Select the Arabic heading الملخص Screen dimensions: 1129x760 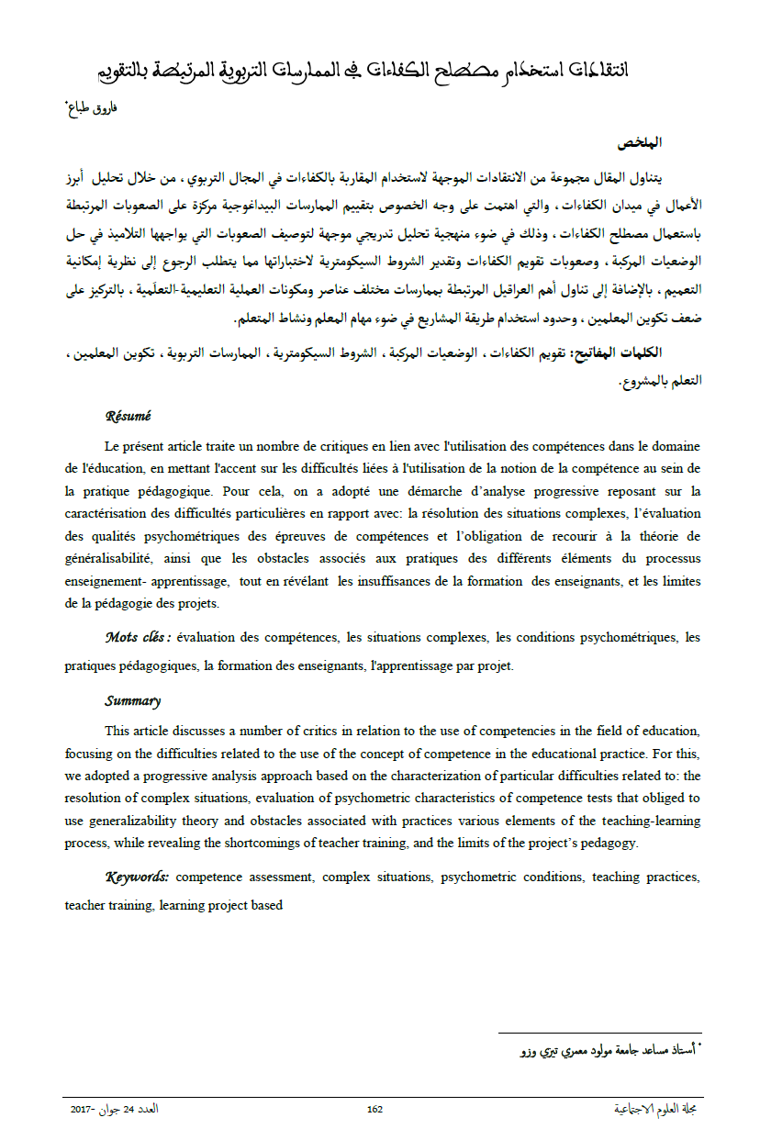pos(640,143)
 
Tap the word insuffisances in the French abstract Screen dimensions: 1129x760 pos(413,582)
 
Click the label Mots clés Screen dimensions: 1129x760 pos(138,636)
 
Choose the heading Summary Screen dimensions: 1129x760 pos(132,701)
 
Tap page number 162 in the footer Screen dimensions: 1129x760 pos(374,1109)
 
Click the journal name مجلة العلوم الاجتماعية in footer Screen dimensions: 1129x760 pos(654,1109)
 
